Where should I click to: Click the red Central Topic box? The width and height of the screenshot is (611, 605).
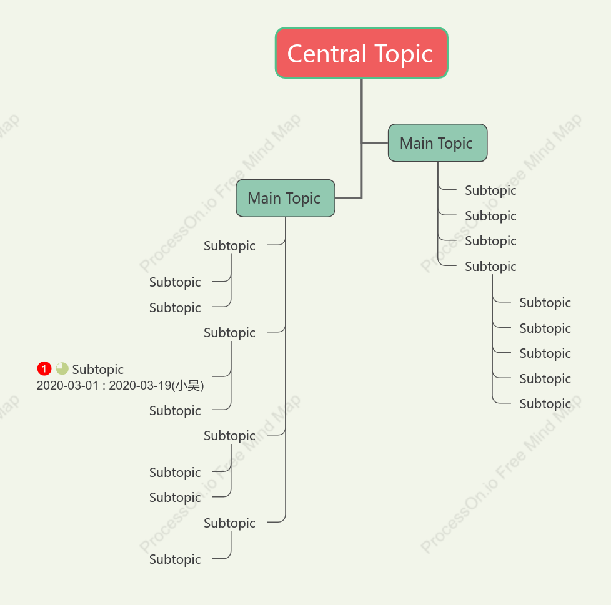[x=361, y=53]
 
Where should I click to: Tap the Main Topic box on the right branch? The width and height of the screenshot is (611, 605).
[x=437, y=143]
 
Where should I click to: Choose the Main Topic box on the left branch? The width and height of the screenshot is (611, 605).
[x=286, y=198]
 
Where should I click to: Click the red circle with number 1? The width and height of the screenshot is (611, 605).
[x=44, y=368]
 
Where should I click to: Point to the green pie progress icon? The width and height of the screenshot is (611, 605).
[x=62, y=368]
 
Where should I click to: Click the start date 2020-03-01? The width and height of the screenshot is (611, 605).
[x=67, y=385]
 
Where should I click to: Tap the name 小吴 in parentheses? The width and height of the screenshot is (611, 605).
[x=187, y=385]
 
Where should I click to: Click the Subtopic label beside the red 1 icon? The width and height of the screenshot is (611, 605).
[x=98, y=370]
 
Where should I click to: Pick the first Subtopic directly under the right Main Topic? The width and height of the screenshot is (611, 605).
[x=490, y=190]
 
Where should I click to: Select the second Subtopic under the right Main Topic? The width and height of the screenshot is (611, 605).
[x=490, y=215]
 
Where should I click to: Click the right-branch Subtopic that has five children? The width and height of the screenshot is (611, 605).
[x=490, y=267]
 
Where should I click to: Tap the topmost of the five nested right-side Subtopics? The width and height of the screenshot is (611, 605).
[x=545, y=302]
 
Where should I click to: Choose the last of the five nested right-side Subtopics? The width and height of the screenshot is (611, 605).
[x=545, y=404]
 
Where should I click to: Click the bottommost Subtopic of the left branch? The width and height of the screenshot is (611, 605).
[x=175, y=559]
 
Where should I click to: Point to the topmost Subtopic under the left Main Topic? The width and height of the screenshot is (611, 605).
[x=229, y=246]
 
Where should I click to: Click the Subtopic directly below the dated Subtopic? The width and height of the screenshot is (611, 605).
[x=175, y=411]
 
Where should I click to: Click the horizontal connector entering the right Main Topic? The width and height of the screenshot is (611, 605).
[x=375, y=143]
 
